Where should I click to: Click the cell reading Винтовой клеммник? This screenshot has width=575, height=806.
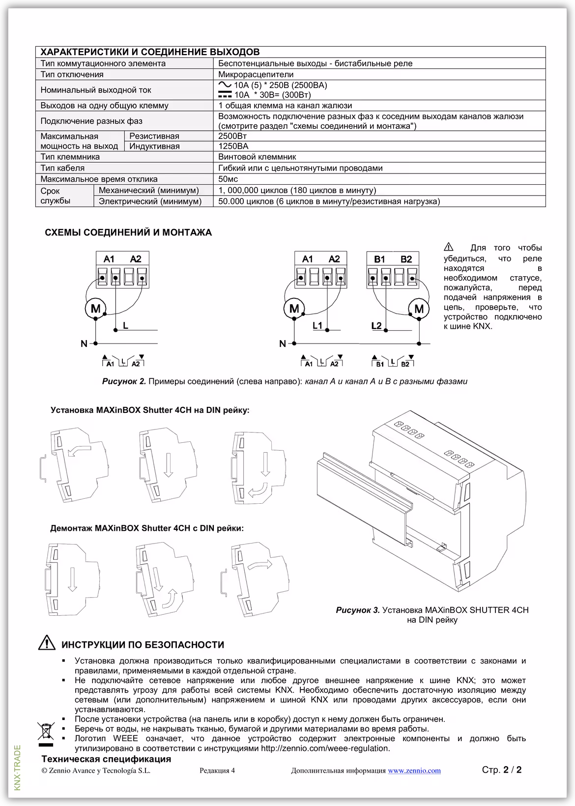click(257, 157)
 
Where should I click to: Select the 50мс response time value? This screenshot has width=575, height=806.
click(228, 179)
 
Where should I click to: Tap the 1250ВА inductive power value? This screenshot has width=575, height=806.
click(233, 146)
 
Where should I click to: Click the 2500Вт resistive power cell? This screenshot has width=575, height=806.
click(232, 136)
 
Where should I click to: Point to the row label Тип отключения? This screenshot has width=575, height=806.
click(72, 75)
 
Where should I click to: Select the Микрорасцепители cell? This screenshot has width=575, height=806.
click(256, 75)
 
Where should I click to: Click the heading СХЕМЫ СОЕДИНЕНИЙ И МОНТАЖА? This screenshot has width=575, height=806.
click(128, 232)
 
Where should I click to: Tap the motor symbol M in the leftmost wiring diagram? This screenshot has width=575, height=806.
click(95, 309)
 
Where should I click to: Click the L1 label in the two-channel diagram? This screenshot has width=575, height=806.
click(317, 326)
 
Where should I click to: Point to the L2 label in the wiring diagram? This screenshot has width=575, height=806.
click(376, 326)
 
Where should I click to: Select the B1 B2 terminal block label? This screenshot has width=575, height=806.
click(393, 259)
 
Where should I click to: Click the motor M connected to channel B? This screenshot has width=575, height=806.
click(419, 309)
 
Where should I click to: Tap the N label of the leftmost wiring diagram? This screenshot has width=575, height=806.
click(84, 344)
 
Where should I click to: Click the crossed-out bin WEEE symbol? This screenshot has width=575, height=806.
click(46, 731)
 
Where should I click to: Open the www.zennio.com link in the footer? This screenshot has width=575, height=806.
click(414, 771)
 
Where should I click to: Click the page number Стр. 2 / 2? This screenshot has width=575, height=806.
click(501, 770)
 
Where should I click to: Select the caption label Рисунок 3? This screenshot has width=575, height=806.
click(358, 610)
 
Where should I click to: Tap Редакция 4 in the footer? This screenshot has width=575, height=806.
click(217, 771)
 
